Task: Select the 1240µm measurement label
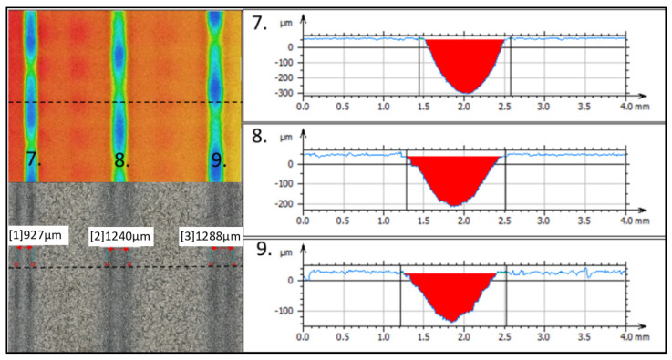pos(120,237)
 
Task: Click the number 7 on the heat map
pos(34,159)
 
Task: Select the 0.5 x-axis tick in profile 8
pos(343,220)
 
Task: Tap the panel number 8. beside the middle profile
pos(260,136)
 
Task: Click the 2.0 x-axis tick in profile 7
pos(464,107)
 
